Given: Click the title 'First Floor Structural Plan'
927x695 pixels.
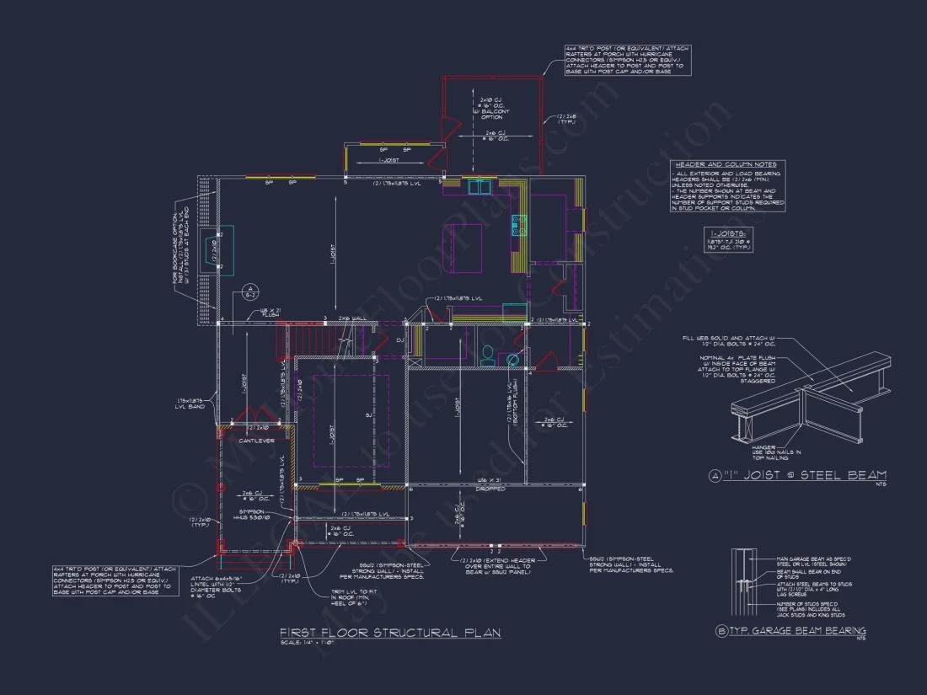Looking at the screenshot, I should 390,633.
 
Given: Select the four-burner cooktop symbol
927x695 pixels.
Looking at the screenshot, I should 518,223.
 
